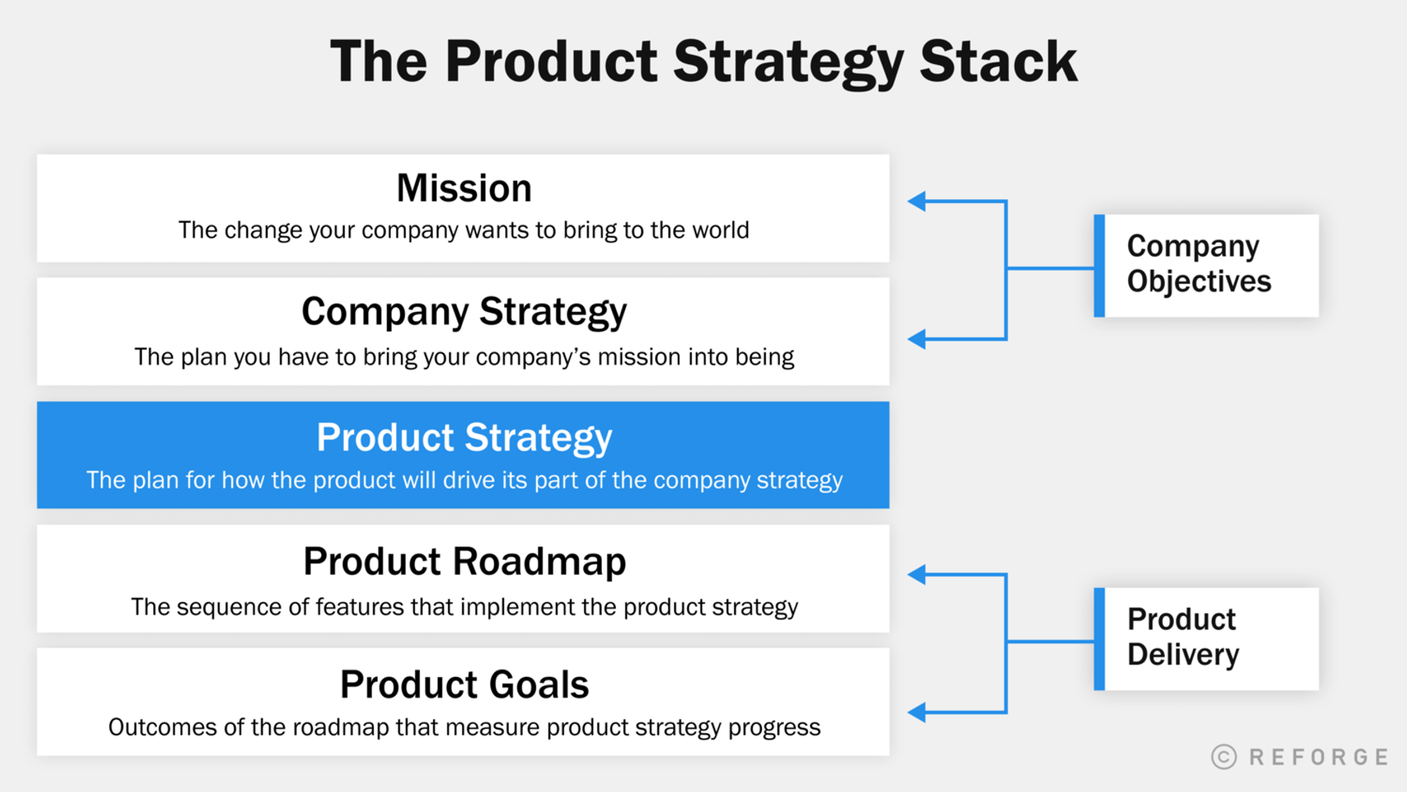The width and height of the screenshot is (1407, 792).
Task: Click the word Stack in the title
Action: [x=998, y=63]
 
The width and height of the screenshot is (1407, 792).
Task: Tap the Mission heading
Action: [x=464, y=188]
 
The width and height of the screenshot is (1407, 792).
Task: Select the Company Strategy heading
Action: [x=464, y=312]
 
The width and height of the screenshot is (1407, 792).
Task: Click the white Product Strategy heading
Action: [x=464, y=437]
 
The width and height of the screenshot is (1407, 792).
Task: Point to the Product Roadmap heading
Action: [x=464, y=561]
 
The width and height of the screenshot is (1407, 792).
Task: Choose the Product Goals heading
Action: [x=464, y=685]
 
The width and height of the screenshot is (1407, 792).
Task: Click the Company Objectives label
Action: [x=1198, y=264]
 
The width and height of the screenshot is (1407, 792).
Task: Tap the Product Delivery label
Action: [x=1183, y=637]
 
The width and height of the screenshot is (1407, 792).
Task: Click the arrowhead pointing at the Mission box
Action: [x=917, y=202]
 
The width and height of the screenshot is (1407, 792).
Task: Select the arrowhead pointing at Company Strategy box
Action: [x=917, y=339]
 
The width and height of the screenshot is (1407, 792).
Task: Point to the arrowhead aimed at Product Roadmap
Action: [x=917, y=575]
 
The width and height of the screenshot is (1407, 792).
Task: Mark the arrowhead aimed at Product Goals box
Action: [x=917, y=712]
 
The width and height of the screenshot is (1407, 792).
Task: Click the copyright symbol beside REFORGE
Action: [x=1224, y=757]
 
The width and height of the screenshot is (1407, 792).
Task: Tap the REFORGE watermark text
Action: [x=1319, y=757]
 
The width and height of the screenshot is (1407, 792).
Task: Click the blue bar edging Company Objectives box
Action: [x=1099, y=266]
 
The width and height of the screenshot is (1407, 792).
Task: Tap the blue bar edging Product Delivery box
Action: [x=1099, y=639]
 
